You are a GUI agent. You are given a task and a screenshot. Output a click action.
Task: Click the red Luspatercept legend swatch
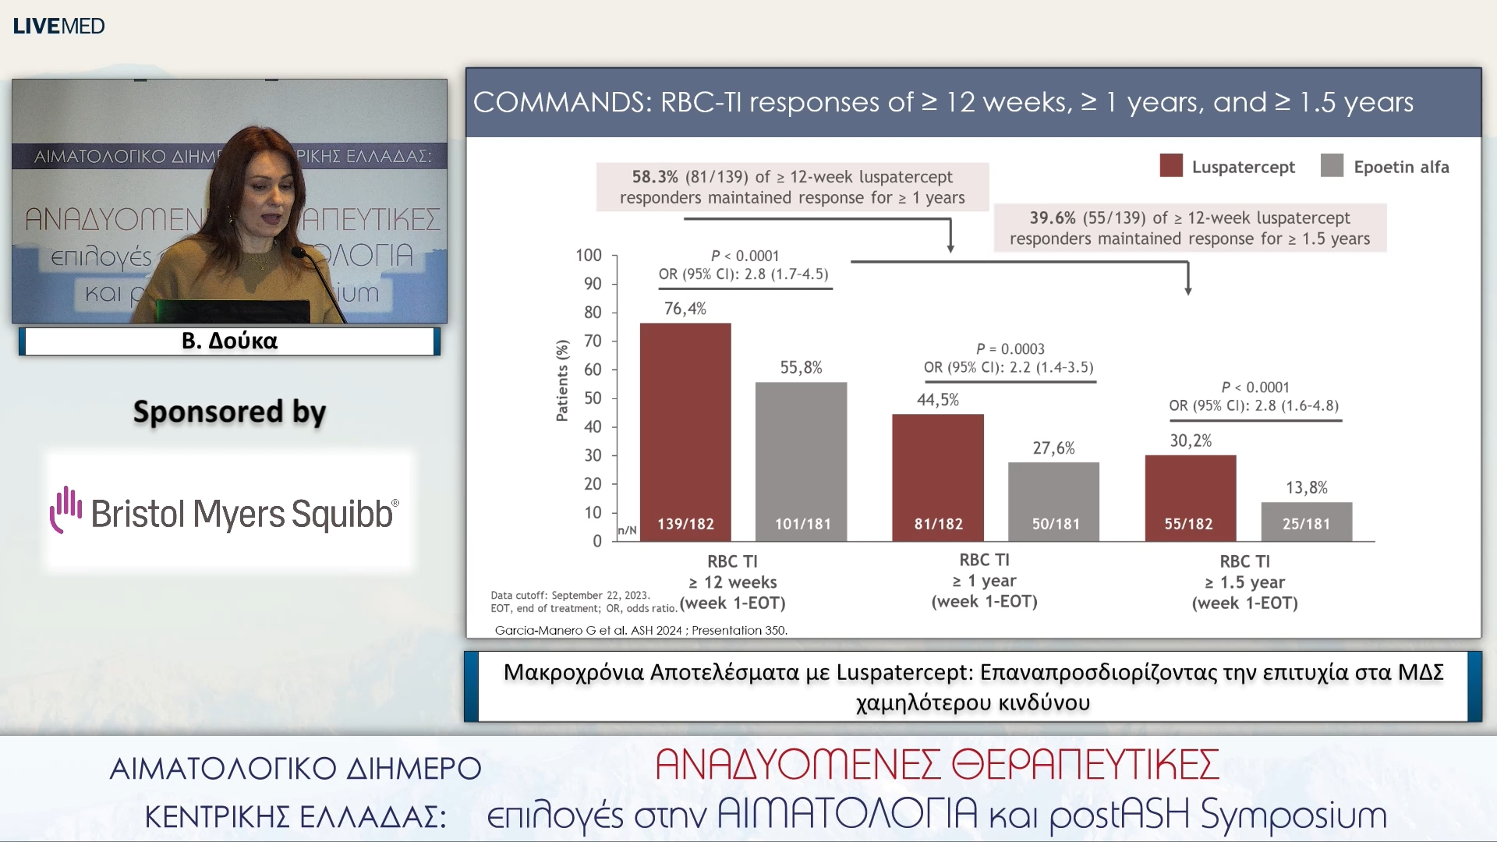click(1171, 166)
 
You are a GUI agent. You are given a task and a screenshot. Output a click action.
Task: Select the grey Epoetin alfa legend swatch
click(1332, 166)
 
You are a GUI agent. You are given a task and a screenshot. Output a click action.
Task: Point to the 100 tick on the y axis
click(589, 256)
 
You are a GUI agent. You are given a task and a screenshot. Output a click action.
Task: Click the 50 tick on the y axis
click(593, 398)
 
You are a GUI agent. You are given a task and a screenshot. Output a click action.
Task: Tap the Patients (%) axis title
click(562, 380)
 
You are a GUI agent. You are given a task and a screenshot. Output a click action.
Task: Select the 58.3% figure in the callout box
click(655, 177)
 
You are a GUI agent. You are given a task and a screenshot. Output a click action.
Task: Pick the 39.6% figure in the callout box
click(1052, 218)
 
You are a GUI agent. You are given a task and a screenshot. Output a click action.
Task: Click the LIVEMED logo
click(59, 27)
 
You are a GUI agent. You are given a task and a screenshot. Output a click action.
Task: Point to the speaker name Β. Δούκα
click(229, 341)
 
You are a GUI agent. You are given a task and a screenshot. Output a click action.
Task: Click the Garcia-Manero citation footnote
click(641, 630)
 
